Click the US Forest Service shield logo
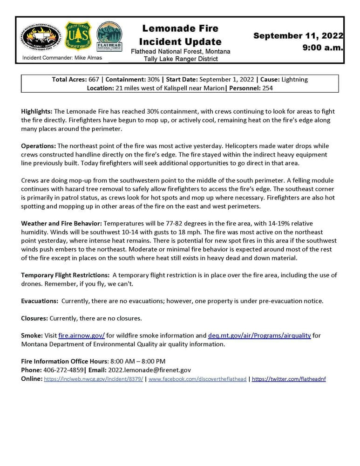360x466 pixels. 75,36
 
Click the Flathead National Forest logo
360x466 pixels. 109,36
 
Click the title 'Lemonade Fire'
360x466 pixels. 180,29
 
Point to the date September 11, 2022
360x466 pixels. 298,36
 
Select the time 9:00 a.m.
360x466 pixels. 323,48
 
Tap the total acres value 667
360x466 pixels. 96,80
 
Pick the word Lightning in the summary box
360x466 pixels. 292,80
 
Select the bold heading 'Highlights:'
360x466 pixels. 37,112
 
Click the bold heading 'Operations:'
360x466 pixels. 38,146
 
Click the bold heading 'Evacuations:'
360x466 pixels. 40,301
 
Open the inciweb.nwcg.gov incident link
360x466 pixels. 93,379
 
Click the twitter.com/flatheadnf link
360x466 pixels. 289,379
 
